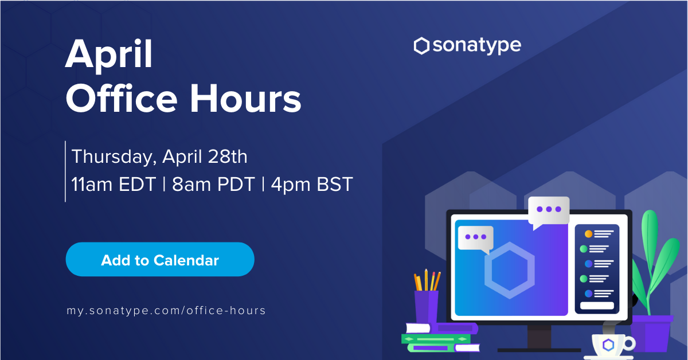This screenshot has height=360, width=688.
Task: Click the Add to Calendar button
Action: click(160, 259)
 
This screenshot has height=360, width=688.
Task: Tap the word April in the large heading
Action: click(109, 55)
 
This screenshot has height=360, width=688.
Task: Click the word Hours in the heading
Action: click(245, 99)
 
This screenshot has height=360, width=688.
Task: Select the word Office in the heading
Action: click(122, 98)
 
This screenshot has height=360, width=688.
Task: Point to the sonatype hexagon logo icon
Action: click(421, 46)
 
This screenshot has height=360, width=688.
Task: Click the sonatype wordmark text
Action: click(477, 46)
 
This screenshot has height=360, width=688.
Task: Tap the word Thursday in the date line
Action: click(114, 156)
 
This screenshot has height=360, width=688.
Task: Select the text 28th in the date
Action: click(228, 156)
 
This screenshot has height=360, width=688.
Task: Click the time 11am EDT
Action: click(114, 185)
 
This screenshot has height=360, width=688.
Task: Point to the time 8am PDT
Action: click(213, 185)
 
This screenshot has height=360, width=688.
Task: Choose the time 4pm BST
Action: click(312, 185)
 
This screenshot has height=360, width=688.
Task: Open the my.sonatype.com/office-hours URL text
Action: click(166, 311)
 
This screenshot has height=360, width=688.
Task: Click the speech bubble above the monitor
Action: click(549, 212)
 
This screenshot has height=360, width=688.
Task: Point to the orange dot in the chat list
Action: click(588, 234)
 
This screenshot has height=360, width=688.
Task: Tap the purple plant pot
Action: click(652, 333)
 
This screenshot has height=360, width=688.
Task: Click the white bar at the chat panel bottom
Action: click(597, 306)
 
